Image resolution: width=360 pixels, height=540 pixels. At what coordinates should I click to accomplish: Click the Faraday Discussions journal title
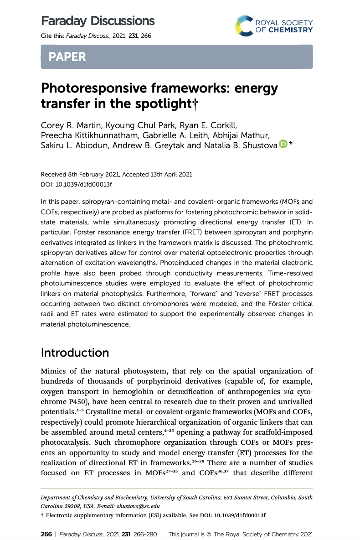[x=98, y=21]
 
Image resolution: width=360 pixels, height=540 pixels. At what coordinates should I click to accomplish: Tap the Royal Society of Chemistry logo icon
[x=247, y=26]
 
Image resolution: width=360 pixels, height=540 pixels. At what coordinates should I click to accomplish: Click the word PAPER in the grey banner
[x=67, y=57]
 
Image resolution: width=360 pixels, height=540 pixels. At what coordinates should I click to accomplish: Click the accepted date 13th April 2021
[x=168, y=174]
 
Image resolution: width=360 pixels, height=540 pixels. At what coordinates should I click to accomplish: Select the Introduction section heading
[x=75, y=353]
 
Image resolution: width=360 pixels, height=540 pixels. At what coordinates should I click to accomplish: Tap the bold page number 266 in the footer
[x=46, y=534]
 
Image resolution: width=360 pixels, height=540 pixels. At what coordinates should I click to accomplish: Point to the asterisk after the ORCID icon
[x=290, y=144]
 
